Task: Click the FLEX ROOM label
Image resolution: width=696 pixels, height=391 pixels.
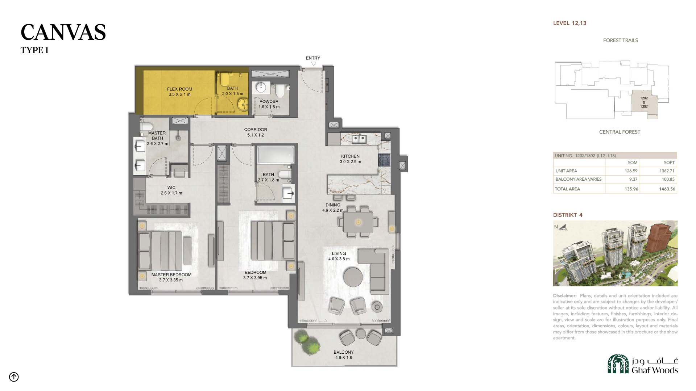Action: point(179,89)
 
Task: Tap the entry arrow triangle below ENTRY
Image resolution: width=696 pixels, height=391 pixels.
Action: point(314,64)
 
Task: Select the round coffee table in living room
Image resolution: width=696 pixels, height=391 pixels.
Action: point(353,277)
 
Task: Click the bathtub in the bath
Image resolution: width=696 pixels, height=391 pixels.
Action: point(276,155)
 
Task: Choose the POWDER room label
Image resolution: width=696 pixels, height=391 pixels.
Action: point(269,102)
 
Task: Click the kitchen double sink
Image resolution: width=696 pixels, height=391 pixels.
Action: point(360,138)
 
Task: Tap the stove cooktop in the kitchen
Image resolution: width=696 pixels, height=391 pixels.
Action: point(383,160)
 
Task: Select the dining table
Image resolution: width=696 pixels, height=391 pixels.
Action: point(358,222)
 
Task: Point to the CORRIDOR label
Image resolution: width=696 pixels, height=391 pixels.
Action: point(256,130)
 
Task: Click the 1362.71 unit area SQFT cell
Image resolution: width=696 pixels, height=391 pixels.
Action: point(667,171)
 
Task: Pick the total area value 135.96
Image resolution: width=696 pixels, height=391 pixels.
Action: point(631,189)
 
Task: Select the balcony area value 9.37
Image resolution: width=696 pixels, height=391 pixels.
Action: point(633,179)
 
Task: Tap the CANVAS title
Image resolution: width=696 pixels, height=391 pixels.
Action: point(63,32)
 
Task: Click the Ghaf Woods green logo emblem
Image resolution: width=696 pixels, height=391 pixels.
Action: point(618,364)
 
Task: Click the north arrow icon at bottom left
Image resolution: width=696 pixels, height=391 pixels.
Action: point(14,377)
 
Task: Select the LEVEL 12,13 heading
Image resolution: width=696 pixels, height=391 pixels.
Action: point(569,23)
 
